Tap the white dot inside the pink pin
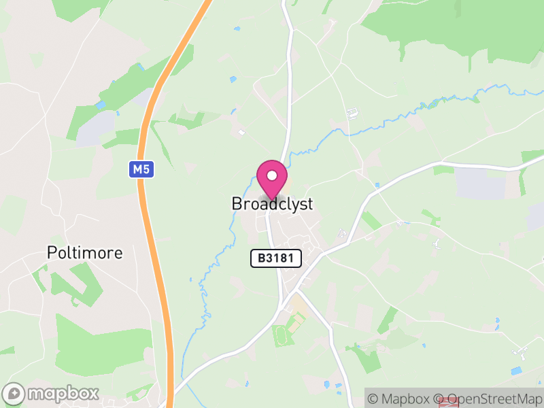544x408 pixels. tap(272, 175)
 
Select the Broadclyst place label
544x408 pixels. tap(272, 204)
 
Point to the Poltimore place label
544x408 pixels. tap(85, 253)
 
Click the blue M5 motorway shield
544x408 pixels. tap(141, 169)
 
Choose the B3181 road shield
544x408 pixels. tap(275, 258)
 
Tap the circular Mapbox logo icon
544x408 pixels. tap(14, 394)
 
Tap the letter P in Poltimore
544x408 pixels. tap(52, 253)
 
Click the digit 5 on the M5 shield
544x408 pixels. tap(146, 169)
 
